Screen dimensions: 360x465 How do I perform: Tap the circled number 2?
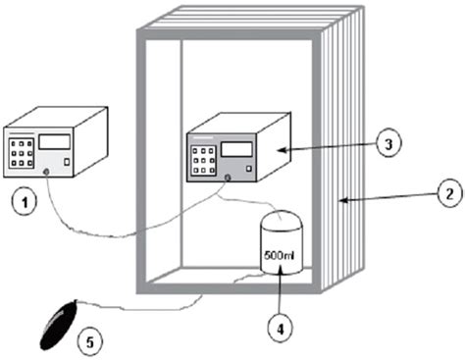445,196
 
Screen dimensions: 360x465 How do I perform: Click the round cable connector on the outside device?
47,174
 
